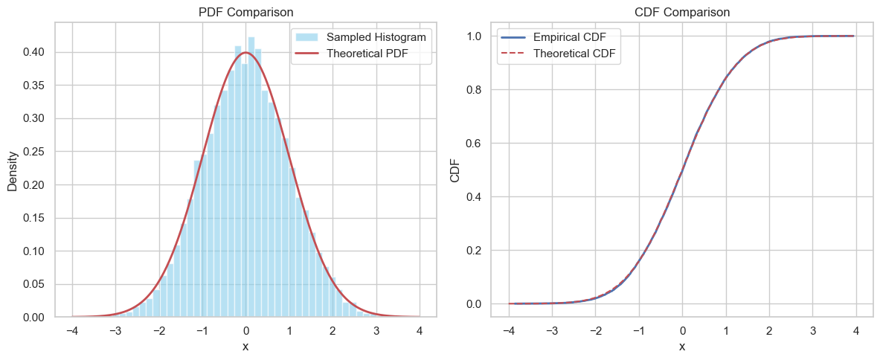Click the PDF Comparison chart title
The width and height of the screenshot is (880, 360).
pyautogui.click(x=245, y=12)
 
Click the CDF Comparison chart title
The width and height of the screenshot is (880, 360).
pyautogui.click(x=682, y=12)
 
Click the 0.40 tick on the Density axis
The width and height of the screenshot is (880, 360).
pyautogui.click(x=34, y=52)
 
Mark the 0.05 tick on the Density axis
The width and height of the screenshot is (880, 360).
pyautogui.click(x=34, y=284)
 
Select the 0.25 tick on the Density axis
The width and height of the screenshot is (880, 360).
pyautogui.click(x=34, y=152)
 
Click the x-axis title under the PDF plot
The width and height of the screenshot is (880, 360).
pyautogui.click(x=245, y=347)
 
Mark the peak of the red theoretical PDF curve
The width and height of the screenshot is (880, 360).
pyautogui.click(x=245, y=53)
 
